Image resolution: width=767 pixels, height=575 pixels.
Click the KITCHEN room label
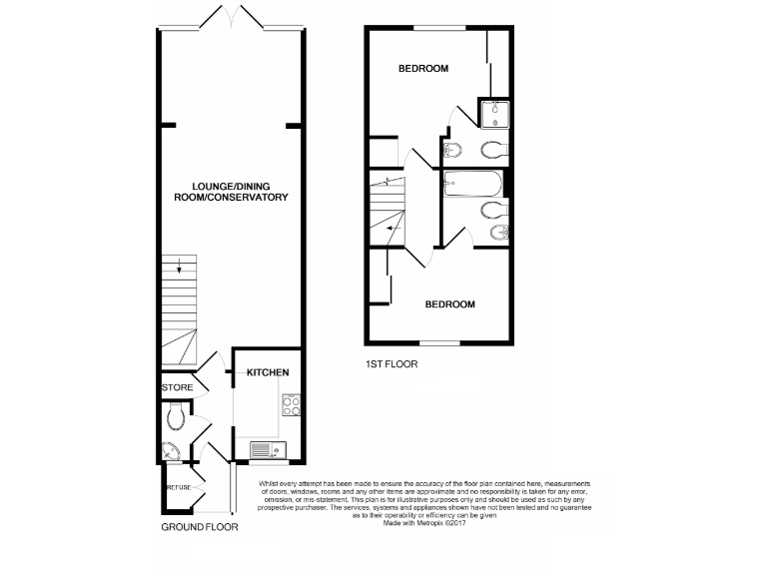(269, 372)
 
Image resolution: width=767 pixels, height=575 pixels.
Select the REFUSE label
(178, 486)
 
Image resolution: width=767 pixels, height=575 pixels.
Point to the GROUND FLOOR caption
(200, 527)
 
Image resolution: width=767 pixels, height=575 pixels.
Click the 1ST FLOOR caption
(391, 363)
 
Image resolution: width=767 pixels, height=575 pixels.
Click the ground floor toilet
(176, 414)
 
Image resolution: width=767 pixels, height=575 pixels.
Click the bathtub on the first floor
(474, 185)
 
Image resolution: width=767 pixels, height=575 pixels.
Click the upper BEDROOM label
(423, 69)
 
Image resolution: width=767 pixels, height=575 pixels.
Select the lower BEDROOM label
(449, 304)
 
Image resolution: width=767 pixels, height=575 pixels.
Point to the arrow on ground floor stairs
(179, 266)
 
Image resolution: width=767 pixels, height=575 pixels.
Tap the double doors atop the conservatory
(231, 17)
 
